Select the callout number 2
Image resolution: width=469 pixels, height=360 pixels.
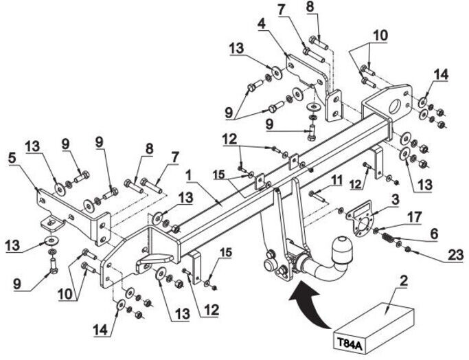(x=404, y=280)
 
